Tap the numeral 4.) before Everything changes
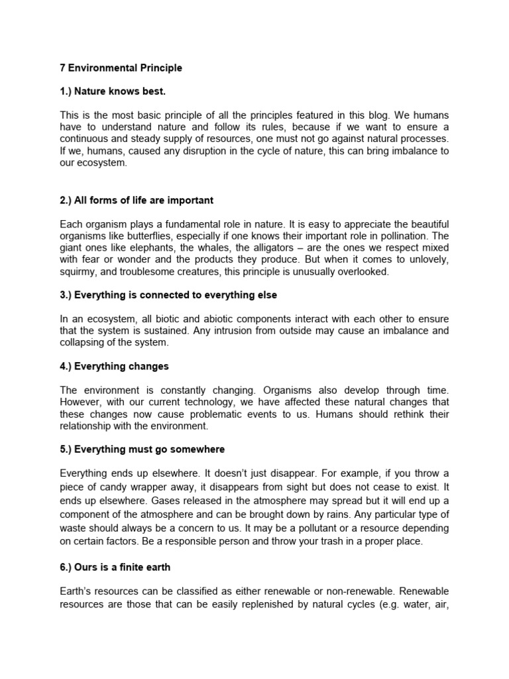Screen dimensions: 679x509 (66, 366)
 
